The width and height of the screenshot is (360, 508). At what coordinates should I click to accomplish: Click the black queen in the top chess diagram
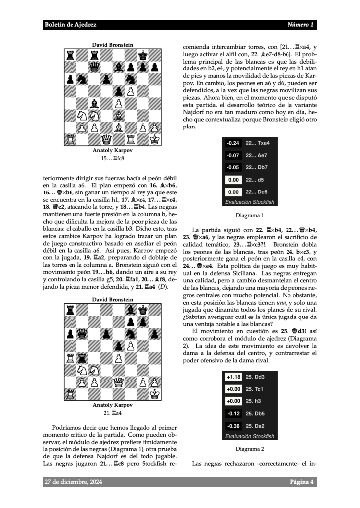click(x=94, y=66)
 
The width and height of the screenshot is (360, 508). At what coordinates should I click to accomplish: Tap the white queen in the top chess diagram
click(x=106, y=139)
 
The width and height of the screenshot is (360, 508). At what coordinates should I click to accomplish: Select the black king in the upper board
click(x=143, y=55)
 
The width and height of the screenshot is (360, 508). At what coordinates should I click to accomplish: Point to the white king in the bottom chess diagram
click(x=155, y=393)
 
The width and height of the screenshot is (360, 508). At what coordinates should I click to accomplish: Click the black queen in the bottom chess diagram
click(x=82, y=333)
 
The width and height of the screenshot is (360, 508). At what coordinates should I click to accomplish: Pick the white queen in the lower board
click(x=119, y=381)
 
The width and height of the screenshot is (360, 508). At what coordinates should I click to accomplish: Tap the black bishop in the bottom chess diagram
click(x=131, y=309)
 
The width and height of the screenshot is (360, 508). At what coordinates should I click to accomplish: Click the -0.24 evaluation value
click(x=233, y=143)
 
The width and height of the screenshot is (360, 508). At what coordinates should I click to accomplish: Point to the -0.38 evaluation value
click(x=233, y=426)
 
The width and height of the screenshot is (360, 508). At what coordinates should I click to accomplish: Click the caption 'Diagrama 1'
click(x=250, y=216)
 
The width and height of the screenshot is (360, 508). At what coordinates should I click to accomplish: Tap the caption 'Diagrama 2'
click(x=250, y=449)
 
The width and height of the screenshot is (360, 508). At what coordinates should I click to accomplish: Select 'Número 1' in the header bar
click(x=300, y=25)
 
